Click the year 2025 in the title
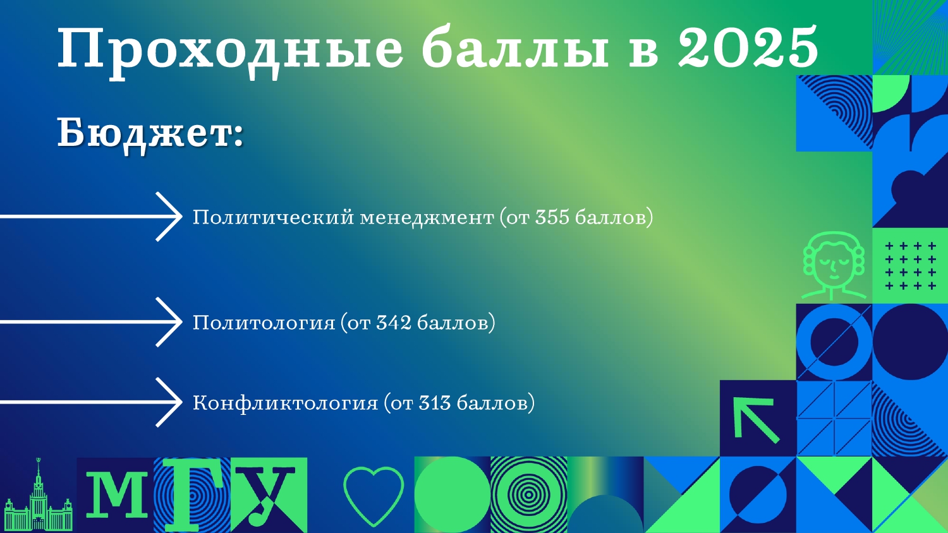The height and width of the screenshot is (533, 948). (748, 46)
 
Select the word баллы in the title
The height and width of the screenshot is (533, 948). (515, 47)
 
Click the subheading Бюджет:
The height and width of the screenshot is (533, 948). (150, 133)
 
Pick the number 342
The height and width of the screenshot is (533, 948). (394, 322)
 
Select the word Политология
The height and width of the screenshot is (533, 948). (264, 323)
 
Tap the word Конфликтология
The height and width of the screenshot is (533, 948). (285, 403)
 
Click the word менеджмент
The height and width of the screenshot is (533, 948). (427, 218)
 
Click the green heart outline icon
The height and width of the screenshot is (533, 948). (374, 496)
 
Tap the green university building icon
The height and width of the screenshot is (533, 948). (38, 496)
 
